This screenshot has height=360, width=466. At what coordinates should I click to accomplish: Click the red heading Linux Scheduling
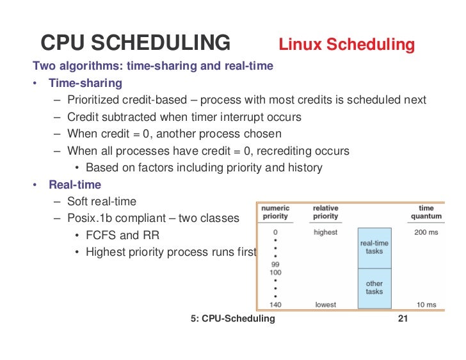[x=346, y=45]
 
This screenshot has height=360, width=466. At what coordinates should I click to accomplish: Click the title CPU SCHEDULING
[x=135, y=43]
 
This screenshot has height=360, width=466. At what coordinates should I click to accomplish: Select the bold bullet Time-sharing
[x=85, y=83]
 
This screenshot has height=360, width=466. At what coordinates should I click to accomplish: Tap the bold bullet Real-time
[x=75, y=185]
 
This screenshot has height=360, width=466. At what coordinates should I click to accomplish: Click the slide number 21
[x=403, y=318]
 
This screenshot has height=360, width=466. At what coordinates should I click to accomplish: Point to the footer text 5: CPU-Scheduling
[x=232, y=318]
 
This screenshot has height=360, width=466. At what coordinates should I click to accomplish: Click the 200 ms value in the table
[x=426, y=232]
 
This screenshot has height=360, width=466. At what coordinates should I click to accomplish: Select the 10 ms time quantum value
[x=426, y=305]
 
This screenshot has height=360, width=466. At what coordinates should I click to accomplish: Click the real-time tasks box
[x=374, y=247]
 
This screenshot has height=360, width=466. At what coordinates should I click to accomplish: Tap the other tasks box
[x=374, y=287]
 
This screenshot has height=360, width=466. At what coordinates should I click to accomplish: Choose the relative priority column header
[x=325, y=212]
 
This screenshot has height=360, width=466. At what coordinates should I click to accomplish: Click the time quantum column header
[x=426, y=212]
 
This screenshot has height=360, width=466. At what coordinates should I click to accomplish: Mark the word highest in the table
[x=325, y=232]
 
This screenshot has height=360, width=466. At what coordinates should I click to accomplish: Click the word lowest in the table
[x=325, y=305]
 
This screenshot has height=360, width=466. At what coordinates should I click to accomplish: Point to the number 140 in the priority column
[x=276, y=305]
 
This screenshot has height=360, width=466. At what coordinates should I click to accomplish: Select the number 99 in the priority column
[x=276, y=263]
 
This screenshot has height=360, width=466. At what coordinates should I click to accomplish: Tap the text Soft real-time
[x=102, y=201]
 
